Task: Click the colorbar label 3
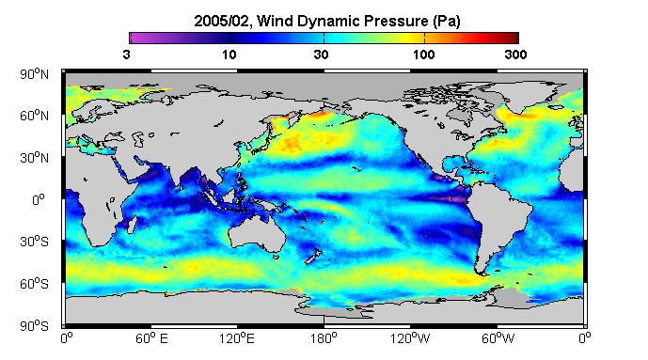[x=126, y=55]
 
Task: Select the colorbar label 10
[x=229, y=55]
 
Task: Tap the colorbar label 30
[x=321, y=55]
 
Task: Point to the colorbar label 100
[x=424, y=55]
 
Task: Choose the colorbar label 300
[x=515, y=55]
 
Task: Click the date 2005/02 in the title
[x=222, y=21]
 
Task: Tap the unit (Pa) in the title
[x=447, y=21]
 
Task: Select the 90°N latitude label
[x=34, y=74]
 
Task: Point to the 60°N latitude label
[x=34, y=116]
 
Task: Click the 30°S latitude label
[x=34, y=242]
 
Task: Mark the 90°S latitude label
[x=34, y=326]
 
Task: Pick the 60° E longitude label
[x=151, y=339]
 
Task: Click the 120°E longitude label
[x=237, y=339]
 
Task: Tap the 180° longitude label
[x=324, y=339]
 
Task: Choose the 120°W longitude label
[x=410, y=339]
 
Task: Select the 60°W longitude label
[x=498, y=339]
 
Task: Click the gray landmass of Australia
[x=256, y=233]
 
